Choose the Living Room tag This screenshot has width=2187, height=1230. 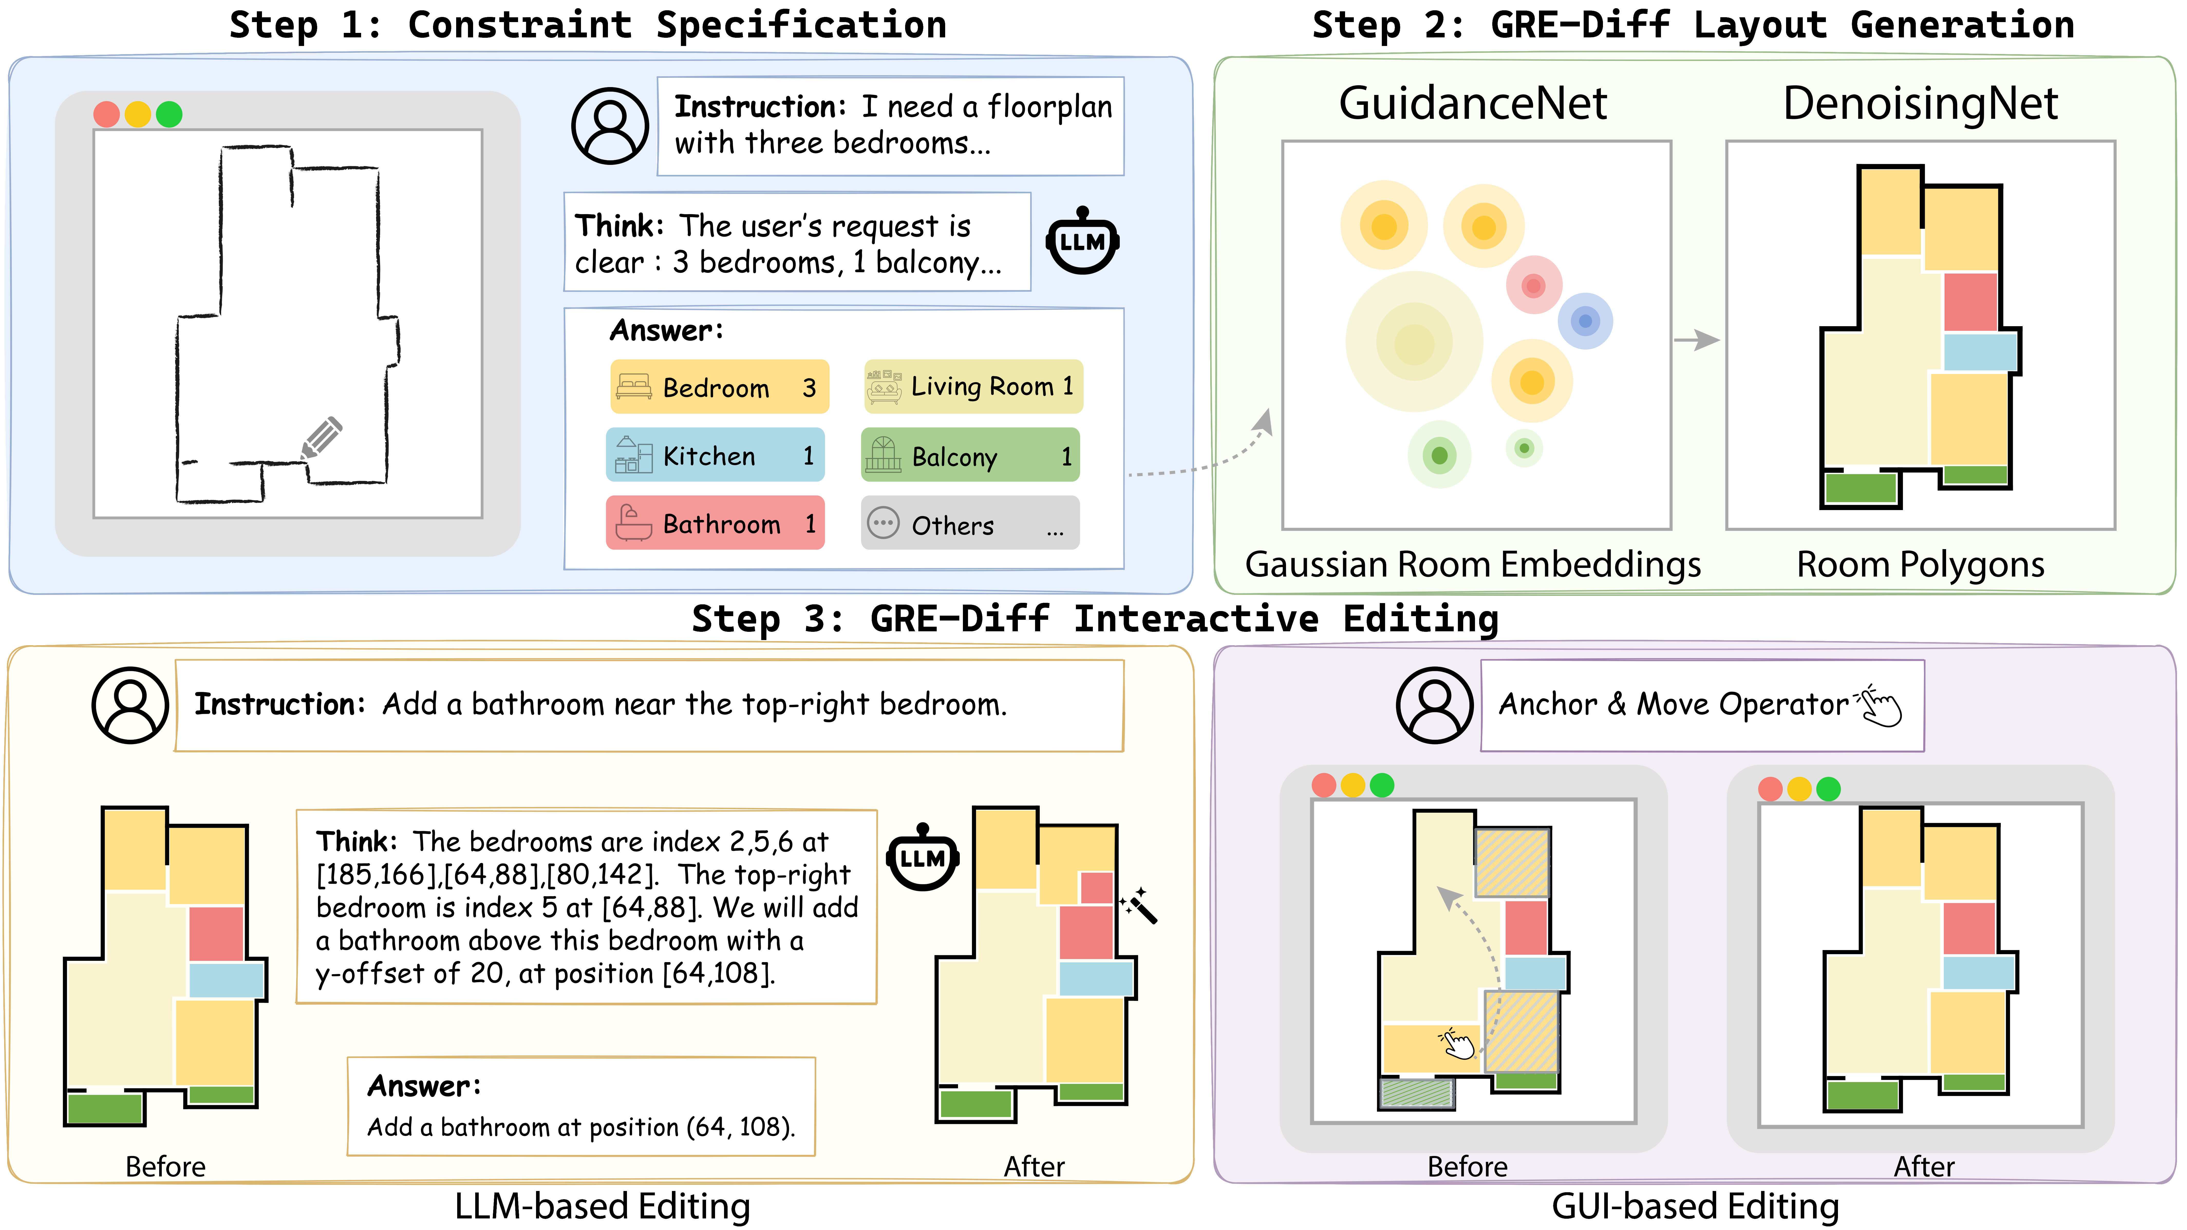coord(973,386)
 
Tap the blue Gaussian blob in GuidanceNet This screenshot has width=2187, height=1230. coord(1585,321)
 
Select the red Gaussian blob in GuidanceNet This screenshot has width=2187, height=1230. coord(1533,285)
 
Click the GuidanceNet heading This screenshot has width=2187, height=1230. coord(1473,103)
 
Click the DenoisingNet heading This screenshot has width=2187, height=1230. coord(1920,103)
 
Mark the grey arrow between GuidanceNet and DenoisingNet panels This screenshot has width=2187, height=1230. coord(1696,340)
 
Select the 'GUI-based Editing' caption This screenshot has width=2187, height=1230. coord(1695,1206)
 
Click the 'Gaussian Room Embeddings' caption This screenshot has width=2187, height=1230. coord(1473,565)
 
